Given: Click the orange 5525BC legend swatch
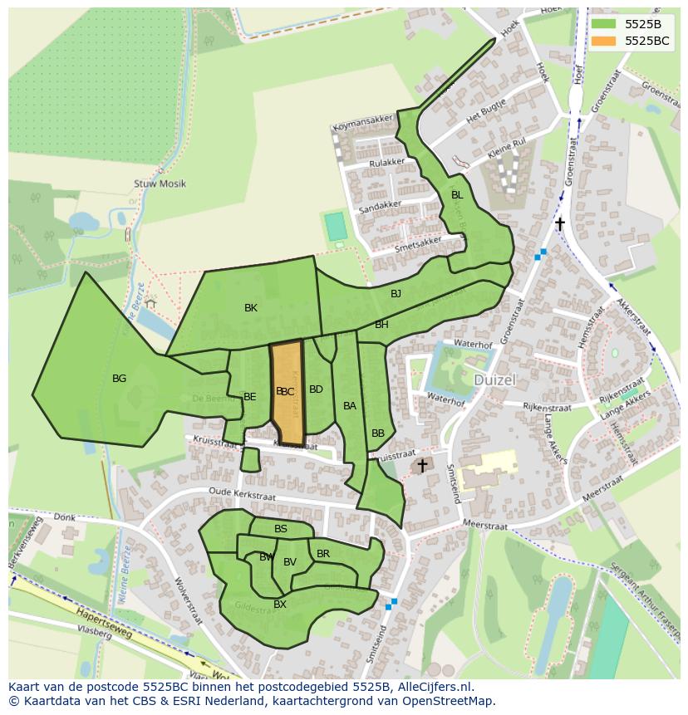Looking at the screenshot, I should (604, 41).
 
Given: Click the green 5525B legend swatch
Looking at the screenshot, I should (604, 23).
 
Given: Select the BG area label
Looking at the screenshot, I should (119, 379).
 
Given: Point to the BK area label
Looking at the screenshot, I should (251, 308).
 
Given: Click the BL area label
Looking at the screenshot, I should (456, 195).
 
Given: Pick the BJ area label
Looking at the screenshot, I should (396, 294).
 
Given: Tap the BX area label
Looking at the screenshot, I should (280, 605).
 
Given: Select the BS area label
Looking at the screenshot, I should (281, 529).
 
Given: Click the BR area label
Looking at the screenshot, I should (323, 554).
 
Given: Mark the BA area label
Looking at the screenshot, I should (350, 406).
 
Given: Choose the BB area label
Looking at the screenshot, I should (378, 433).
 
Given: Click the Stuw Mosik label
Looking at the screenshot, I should (160, 184).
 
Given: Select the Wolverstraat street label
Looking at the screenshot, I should (189, 600).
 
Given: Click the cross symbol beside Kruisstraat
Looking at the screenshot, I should (422, 466).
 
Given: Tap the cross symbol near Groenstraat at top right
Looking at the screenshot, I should (560, 224).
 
